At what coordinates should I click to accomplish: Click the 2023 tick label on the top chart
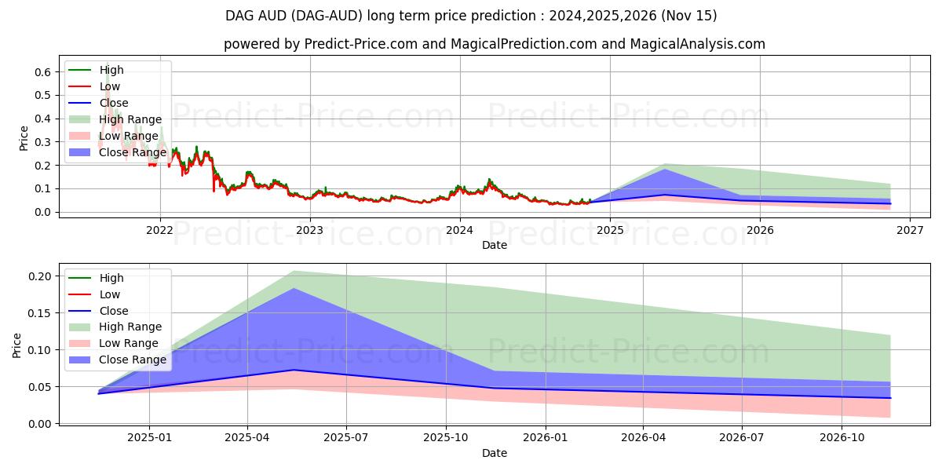pyautogui.click(x=310, y=230)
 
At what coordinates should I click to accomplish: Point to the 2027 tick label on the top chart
pyautogui.click(x=909, y=230)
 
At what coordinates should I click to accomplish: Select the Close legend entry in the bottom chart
pyautogui.click(x=114, y=311)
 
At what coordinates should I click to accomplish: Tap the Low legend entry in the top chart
pyautogui.click(x=110, y=86)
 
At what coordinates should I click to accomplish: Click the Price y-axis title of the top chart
pyautogui.click(x=24, y=138)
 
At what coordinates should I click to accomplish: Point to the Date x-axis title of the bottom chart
pyautogui.click(x=495, y=453)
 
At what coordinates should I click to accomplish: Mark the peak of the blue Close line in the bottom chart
pyautogui.click(x=294, y=370)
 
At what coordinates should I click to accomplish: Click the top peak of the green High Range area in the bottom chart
pyautogui.click(x=294, y=271)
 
